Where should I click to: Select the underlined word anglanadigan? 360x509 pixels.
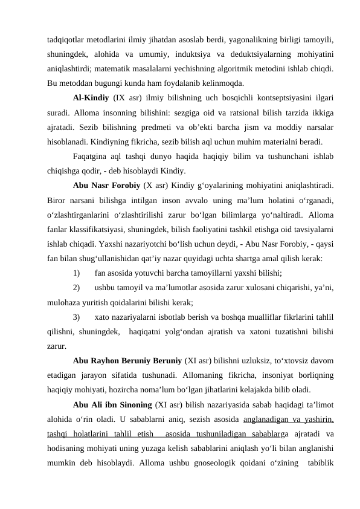pos(269,417)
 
